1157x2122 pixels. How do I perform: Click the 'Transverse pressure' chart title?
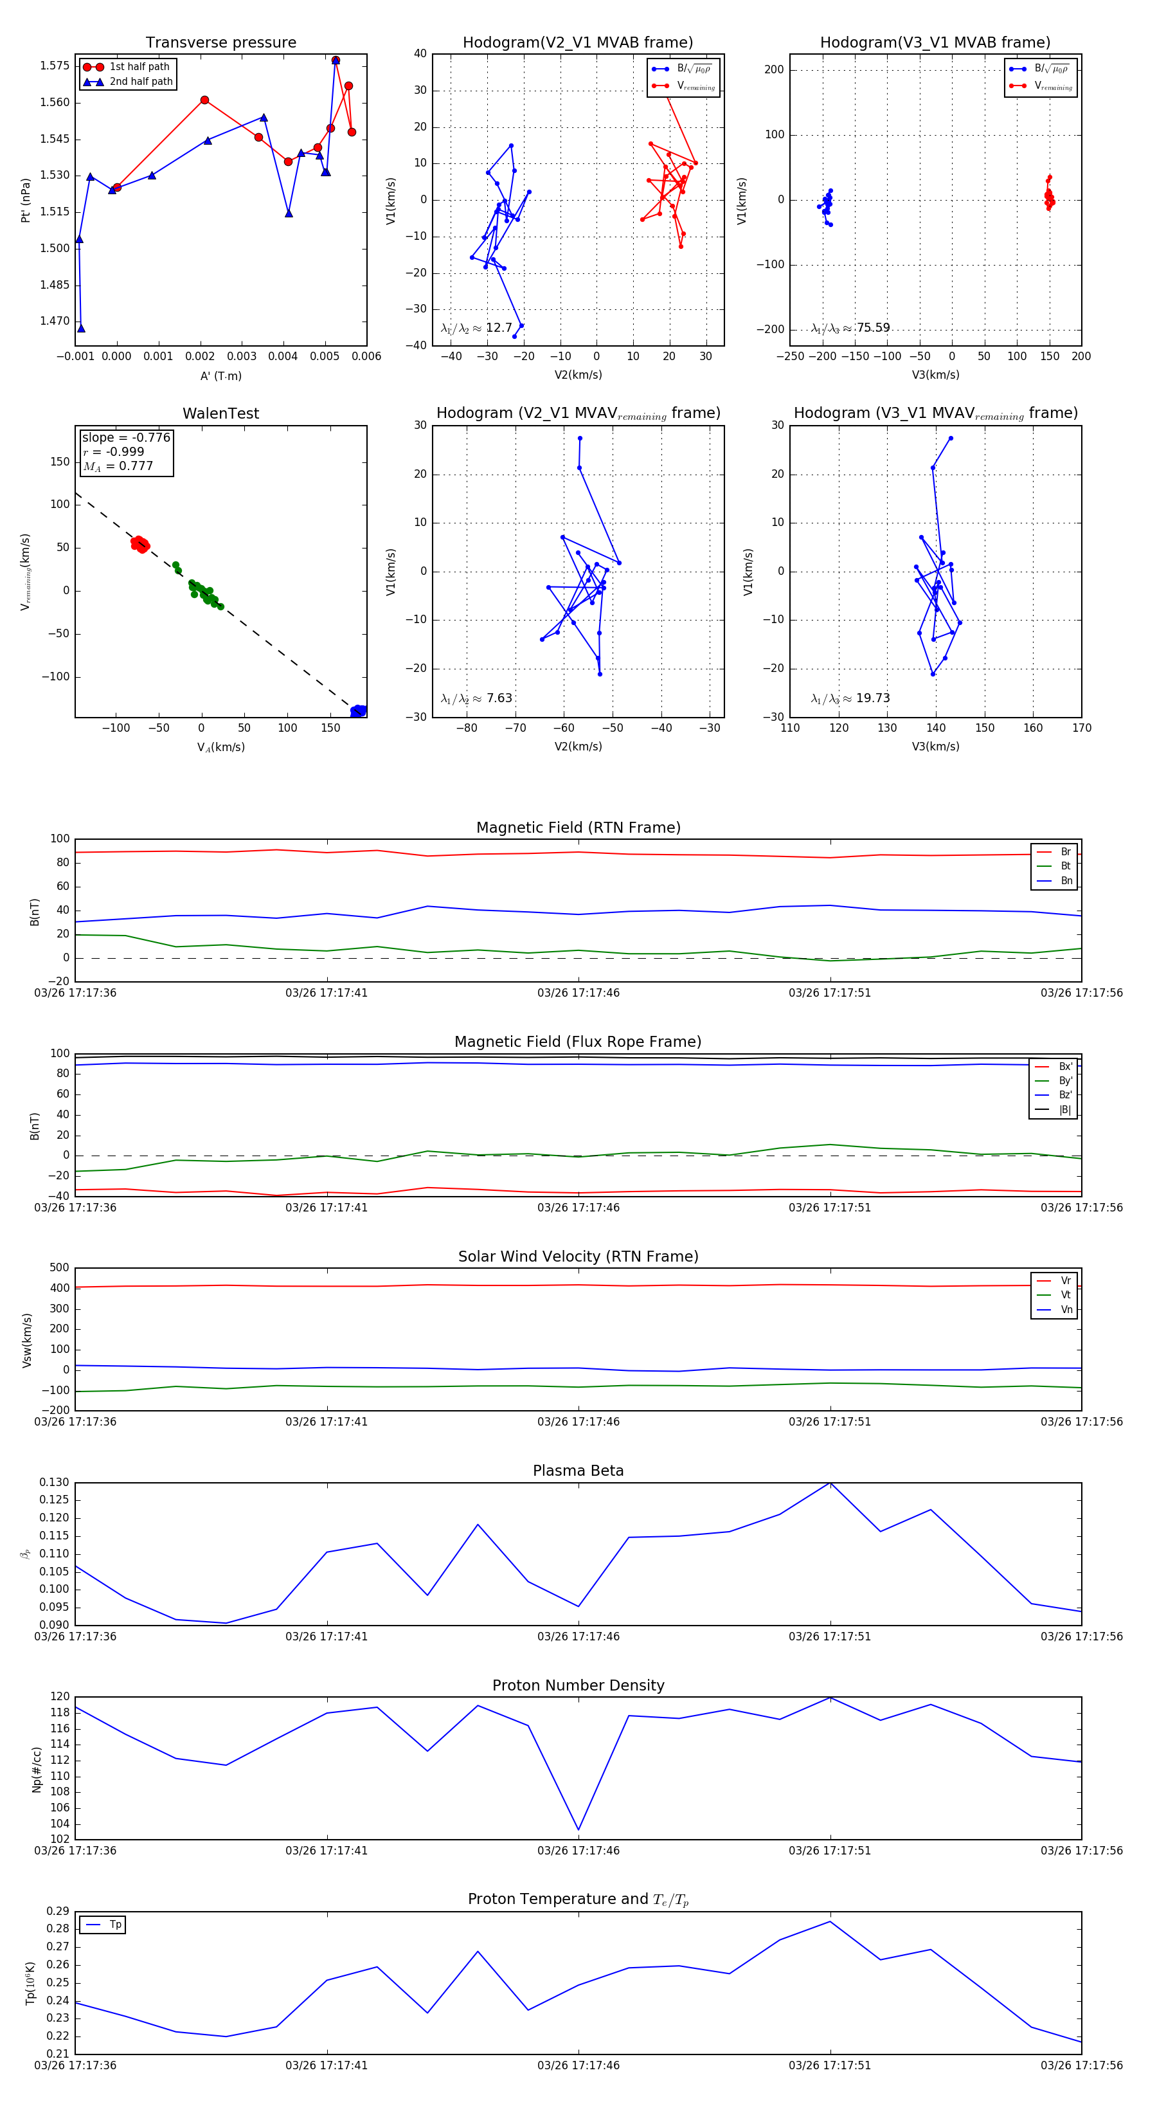[220, 43]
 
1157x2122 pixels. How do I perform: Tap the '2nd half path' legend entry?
[141, 82]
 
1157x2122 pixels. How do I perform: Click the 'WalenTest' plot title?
[220, 413]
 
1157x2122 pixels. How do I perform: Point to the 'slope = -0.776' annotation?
[126, 437]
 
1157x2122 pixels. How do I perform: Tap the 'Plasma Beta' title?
[578, 1471]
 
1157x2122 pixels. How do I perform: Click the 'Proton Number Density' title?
[578, 1685]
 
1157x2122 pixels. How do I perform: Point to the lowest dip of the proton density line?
[578, 1829]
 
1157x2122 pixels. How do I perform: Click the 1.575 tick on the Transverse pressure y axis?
[55, 66]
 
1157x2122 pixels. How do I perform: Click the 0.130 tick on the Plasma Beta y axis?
[55, 1482]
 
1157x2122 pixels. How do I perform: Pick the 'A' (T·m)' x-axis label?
[220, 376]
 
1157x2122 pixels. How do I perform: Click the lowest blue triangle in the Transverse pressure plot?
[81, 329]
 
